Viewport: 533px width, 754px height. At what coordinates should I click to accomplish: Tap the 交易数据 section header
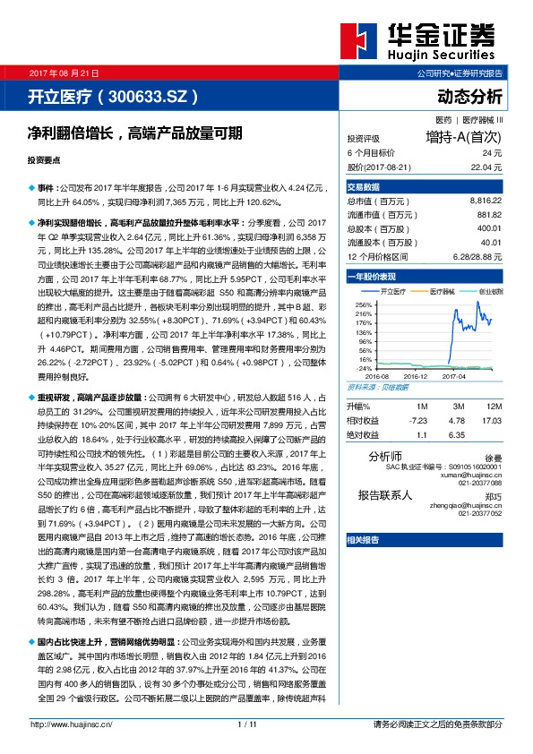point(364,186)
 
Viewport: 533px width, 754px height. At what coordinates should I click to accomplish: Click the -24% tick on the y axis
point(364,368)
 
